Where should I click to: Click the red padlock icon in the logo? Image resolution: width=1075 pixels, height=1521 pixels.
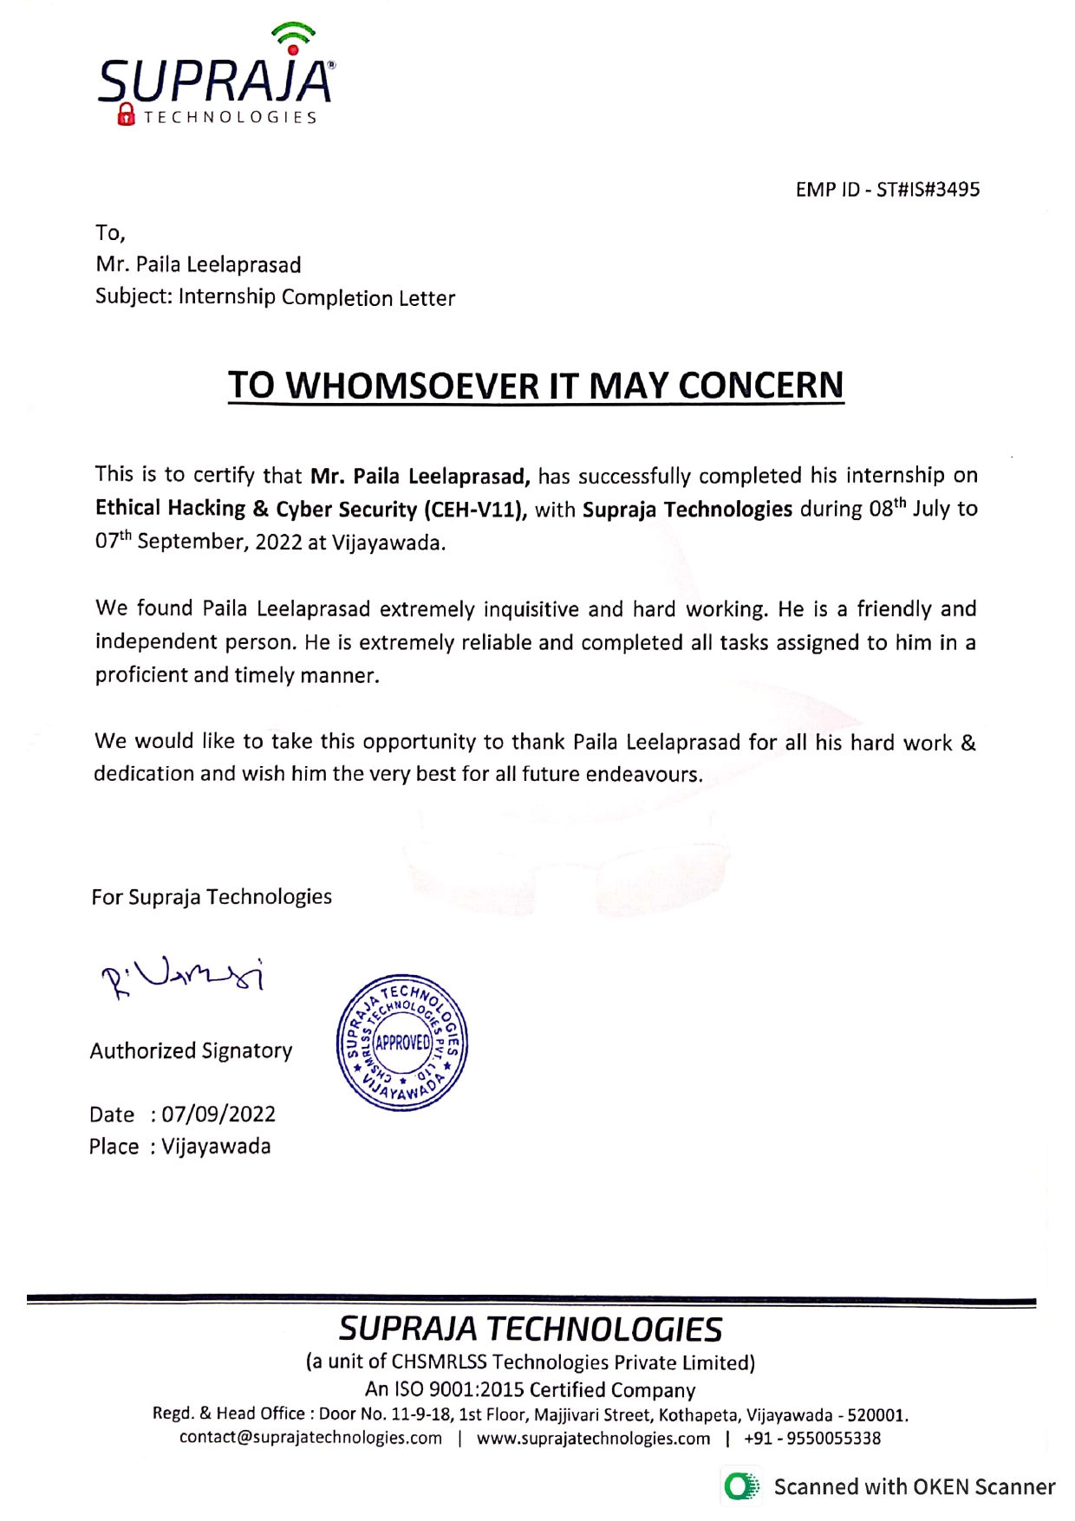pos(127,114)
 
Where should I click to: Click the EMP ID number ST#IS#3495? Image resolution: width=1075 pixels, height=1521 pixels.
pos(928,190)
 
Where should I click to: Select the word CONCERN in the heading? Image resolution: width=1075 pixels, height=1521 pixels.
pos(760,386)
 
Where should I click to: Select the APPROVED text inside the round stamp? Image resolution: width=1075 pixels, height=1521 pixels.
pos(402,1042)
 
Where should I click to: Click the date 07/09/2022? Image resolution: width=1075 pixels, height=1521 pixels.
pos(218,1115)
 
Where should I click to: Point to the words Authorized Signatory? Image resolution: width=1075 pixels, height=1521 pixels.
pos(191,1051)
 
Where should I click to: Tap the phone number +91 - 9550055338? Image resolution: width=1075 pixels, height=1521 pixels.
pos(812,1439)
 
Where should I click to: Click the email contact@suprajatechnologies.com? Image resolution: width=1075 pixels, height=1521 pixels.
pos(310,1439)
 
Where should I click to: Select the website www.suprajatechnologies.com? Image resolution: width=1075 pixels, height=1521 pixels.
pos(593,1439)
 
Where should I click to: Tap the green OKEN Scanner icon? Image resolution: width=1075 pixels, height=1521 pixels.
pos(740,1487)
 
